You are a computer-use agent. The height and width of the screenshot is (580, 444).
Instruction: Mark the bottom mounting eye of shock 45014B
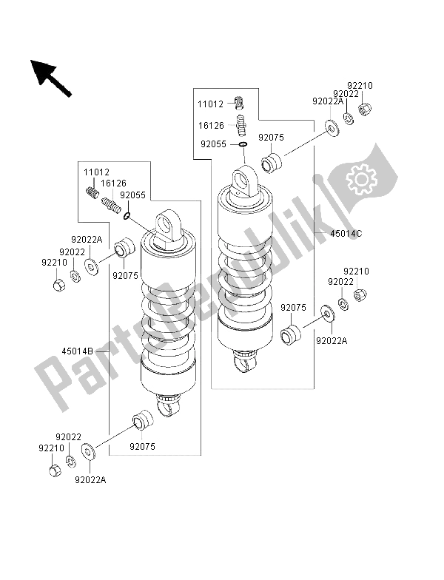click(x=169, y=405)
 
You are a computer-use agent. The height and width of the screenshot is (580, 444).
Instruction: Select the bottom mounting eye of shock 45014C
click(x=246, y=362)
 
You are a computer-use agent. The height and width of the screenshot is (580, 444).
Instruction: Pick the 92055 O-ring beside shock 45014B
click(x=127, y=216)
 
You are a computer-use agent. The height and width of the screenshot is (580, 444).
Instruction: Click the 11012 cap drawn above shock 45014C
click(x=240, y=102)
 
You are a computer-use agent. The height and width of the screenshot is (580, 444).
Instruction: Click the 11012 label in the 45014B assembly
click(x=95, y=172)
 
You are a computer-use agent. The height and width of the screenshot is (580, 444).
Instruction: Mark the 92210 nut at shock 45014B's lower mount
click(x=53, y=471)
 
